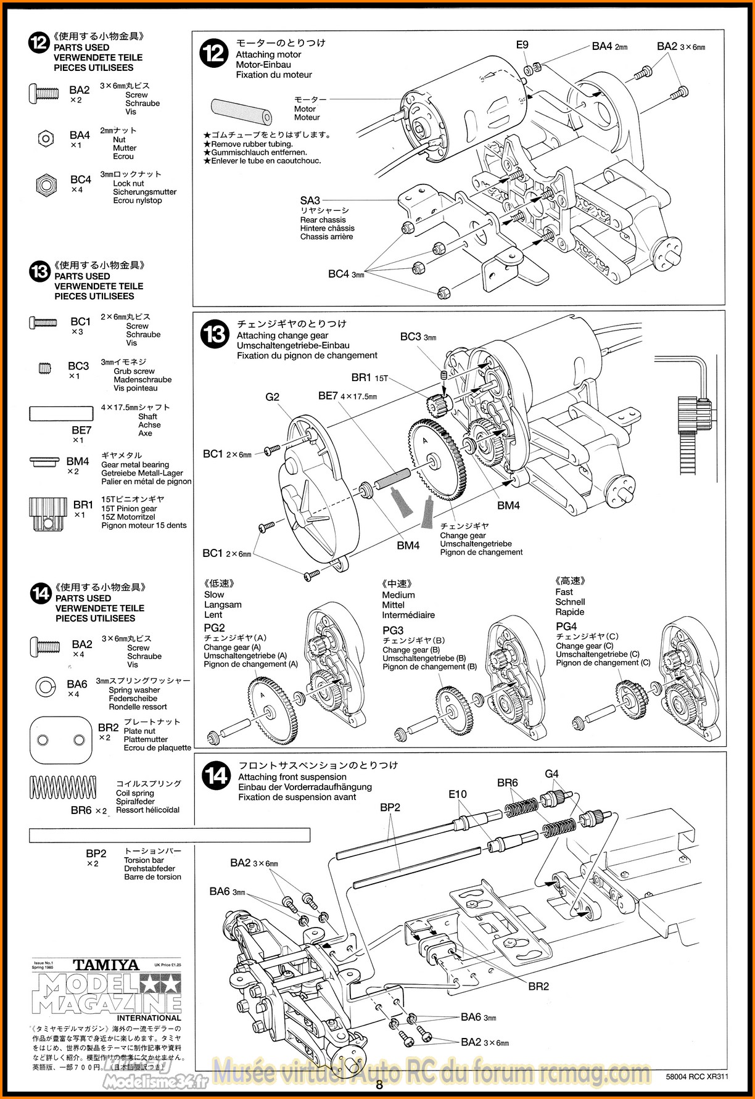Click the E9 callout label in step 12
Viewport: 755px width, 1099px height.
[522, 44]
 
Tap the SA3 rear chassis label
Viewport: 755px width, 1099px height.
[310, 200]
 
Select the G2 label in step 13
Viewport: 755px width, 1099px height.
[272, 397]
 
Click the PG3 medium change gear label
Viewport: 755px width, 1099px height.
[393, 630]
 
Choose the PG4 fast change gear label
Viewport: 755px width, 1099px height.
[566, 627]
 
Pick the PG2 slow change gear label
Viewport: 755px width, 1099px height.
[214, 628]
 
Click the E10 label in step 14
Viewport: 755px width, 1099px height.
[457, 794]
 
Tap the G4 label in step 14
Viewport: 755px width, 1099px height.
[551, 773]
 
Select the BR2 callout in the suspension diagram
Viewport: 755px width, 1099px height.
[538, 986]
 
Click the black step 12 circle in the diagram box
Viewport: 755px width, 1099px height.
[214, 53]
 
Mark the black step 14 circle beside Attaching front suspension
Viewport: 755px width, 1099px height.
[217, 775]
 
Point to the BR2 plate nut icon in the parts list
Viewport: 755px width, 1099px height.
[60, 739]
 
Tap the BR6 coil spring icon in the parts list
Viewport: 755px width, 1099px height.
[63, 788]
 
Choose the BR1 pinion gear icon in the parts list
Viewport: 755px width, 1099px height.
[44, 512]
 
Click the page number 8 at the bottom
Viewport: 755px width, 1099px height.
[379, 1085]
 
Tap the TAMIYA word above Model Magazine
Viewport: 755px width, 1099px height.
[105, 965]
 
